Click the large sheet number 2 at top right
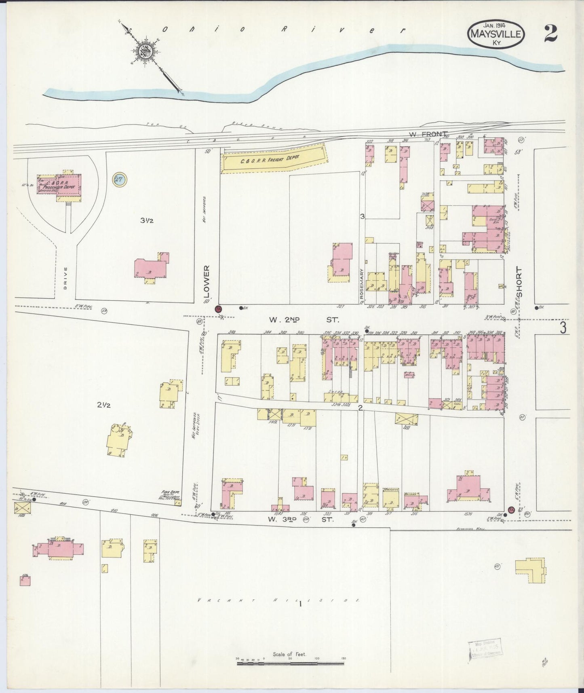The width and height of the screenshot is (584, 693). click(x=550, y=33)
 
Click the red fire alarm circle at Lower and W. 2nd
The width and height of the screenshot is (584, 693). click(x=219, y=309)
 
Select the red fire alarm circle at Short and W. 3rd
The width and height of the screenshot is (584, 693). click(x=510, y=509)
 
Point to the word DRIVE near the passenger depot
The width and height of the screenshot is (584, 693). click(x=65, y=277)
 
